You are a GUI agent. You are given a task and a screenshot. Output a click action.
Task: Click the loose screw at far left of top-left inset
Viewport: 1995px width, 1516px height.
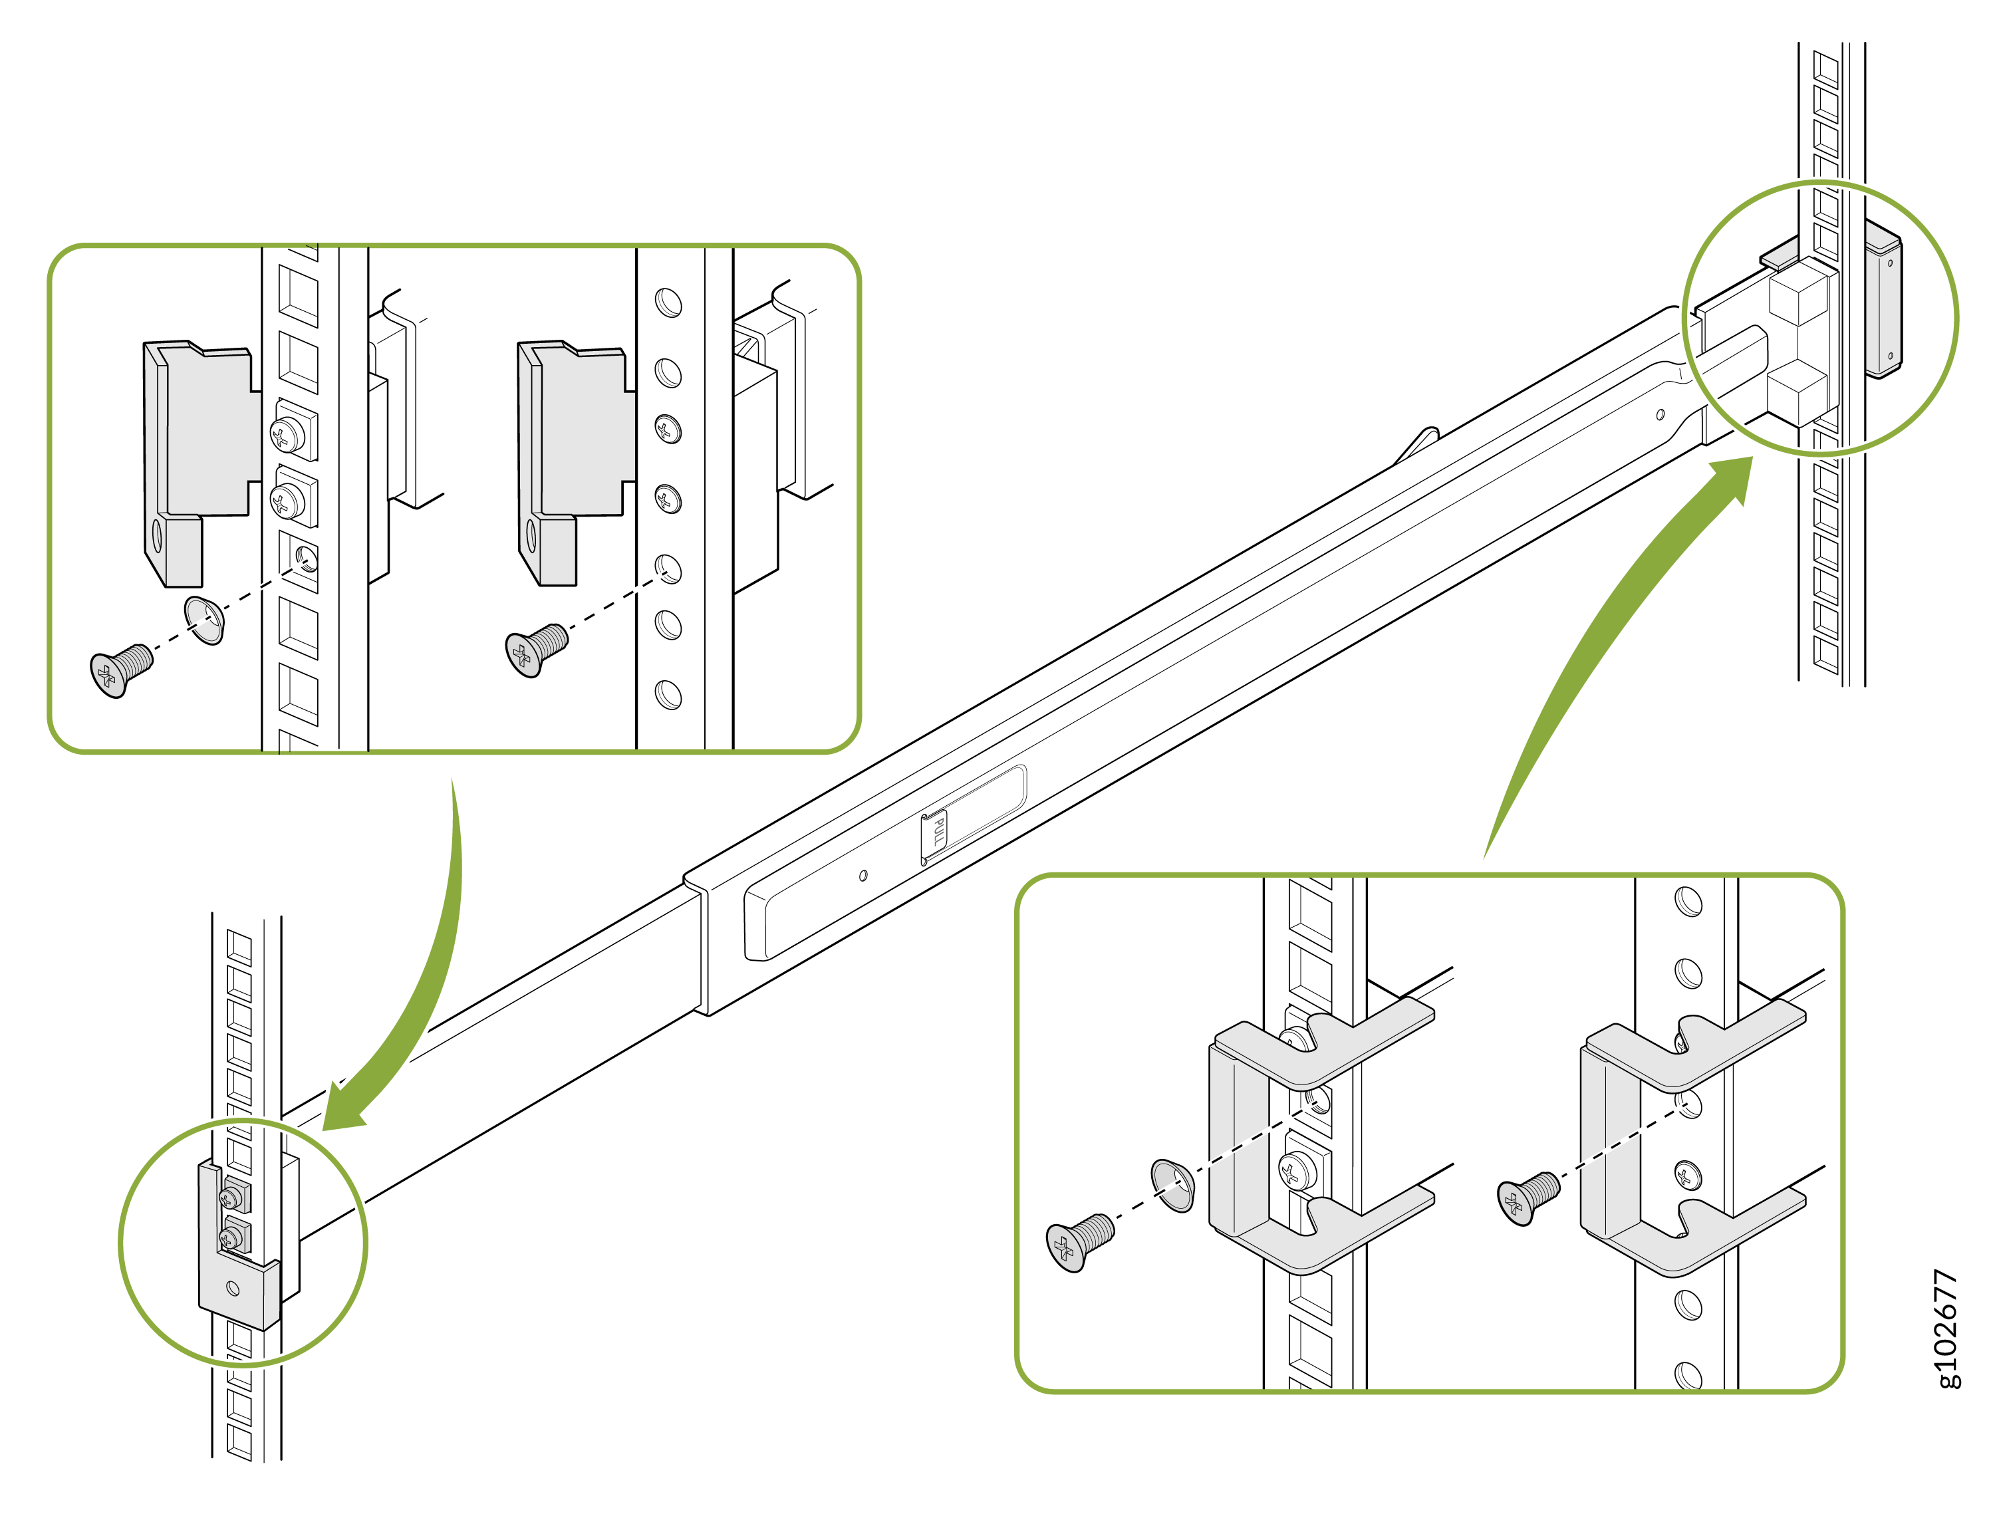tap(120, 670)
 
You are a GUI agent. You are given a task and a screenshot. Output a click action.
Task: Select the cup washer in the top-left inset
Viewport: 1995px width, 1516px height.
tap(205, 620)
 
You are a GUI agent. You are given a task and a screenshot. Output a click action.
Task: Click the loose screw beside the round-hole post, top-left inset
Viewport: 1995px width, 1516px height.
tap(535, 649)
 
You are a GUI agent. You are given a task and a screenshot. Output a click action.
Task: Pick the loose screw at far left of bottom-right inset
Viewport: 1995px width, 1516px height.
tap(1077, 1241)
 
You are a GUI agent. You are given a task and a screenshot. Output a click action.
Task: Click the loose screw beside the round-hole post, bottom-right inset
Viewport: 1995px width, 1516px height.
tap(1527, 1198)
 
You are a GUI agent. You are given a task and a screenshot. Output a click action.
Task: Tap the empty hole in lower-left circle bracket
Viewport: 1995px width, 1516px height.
tap(233, 1288)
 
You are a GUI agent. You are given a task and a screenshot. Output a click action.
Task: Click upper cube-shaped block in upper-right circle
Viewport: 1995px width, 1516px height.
tap(1797, 295)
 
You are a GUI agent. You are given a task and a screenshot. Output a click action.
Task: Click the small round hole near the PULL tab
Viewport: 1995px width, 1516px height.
tap(864, 875)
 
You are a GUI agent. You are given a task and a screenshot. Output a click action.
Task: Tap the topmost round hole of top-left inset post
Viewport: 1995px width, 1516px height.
tap(668, 303)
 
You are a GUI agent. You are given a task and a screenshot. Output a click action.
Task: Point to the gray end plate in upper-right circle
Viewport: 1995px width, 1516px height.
tap(1883, 307)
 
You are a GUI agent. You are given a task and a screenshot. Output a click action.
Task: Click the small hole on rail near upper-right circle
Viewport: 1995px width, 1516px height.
tap(1661, 414)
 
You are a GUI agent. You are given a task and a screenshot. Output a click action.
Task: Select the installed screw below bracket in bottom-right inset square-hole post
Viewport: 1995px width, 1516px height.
tap(1297, 1172)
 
